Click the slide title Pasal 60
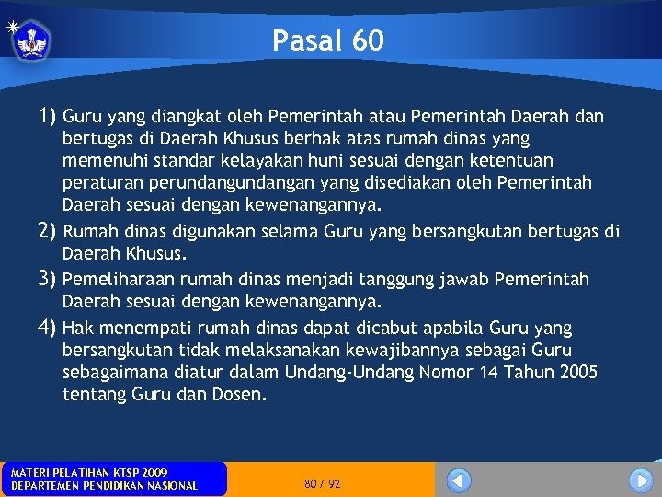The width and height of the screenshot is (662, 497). tap(328, 40)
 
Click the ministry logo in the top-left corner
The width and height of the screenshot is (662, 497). tap(31, 40)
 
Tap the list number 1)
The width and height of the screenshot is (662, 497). tap(48, 117)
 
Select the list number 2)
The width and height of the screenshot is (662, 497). tap(48, 231)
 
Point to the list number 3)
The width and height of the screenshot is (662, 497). tap(48, 279)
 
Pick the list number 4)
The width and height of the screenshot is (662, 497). tap(48, 328)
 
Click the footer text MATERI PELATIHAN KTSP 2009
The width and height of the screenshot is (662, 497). tap(89, 472)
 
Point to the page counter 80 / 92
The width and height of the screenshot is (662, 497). tap(322, 483)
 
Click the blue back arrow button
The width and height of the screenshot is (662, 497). tap(459, 480)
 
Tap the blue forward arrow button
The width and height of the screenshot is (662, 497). tap(641, 480)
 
